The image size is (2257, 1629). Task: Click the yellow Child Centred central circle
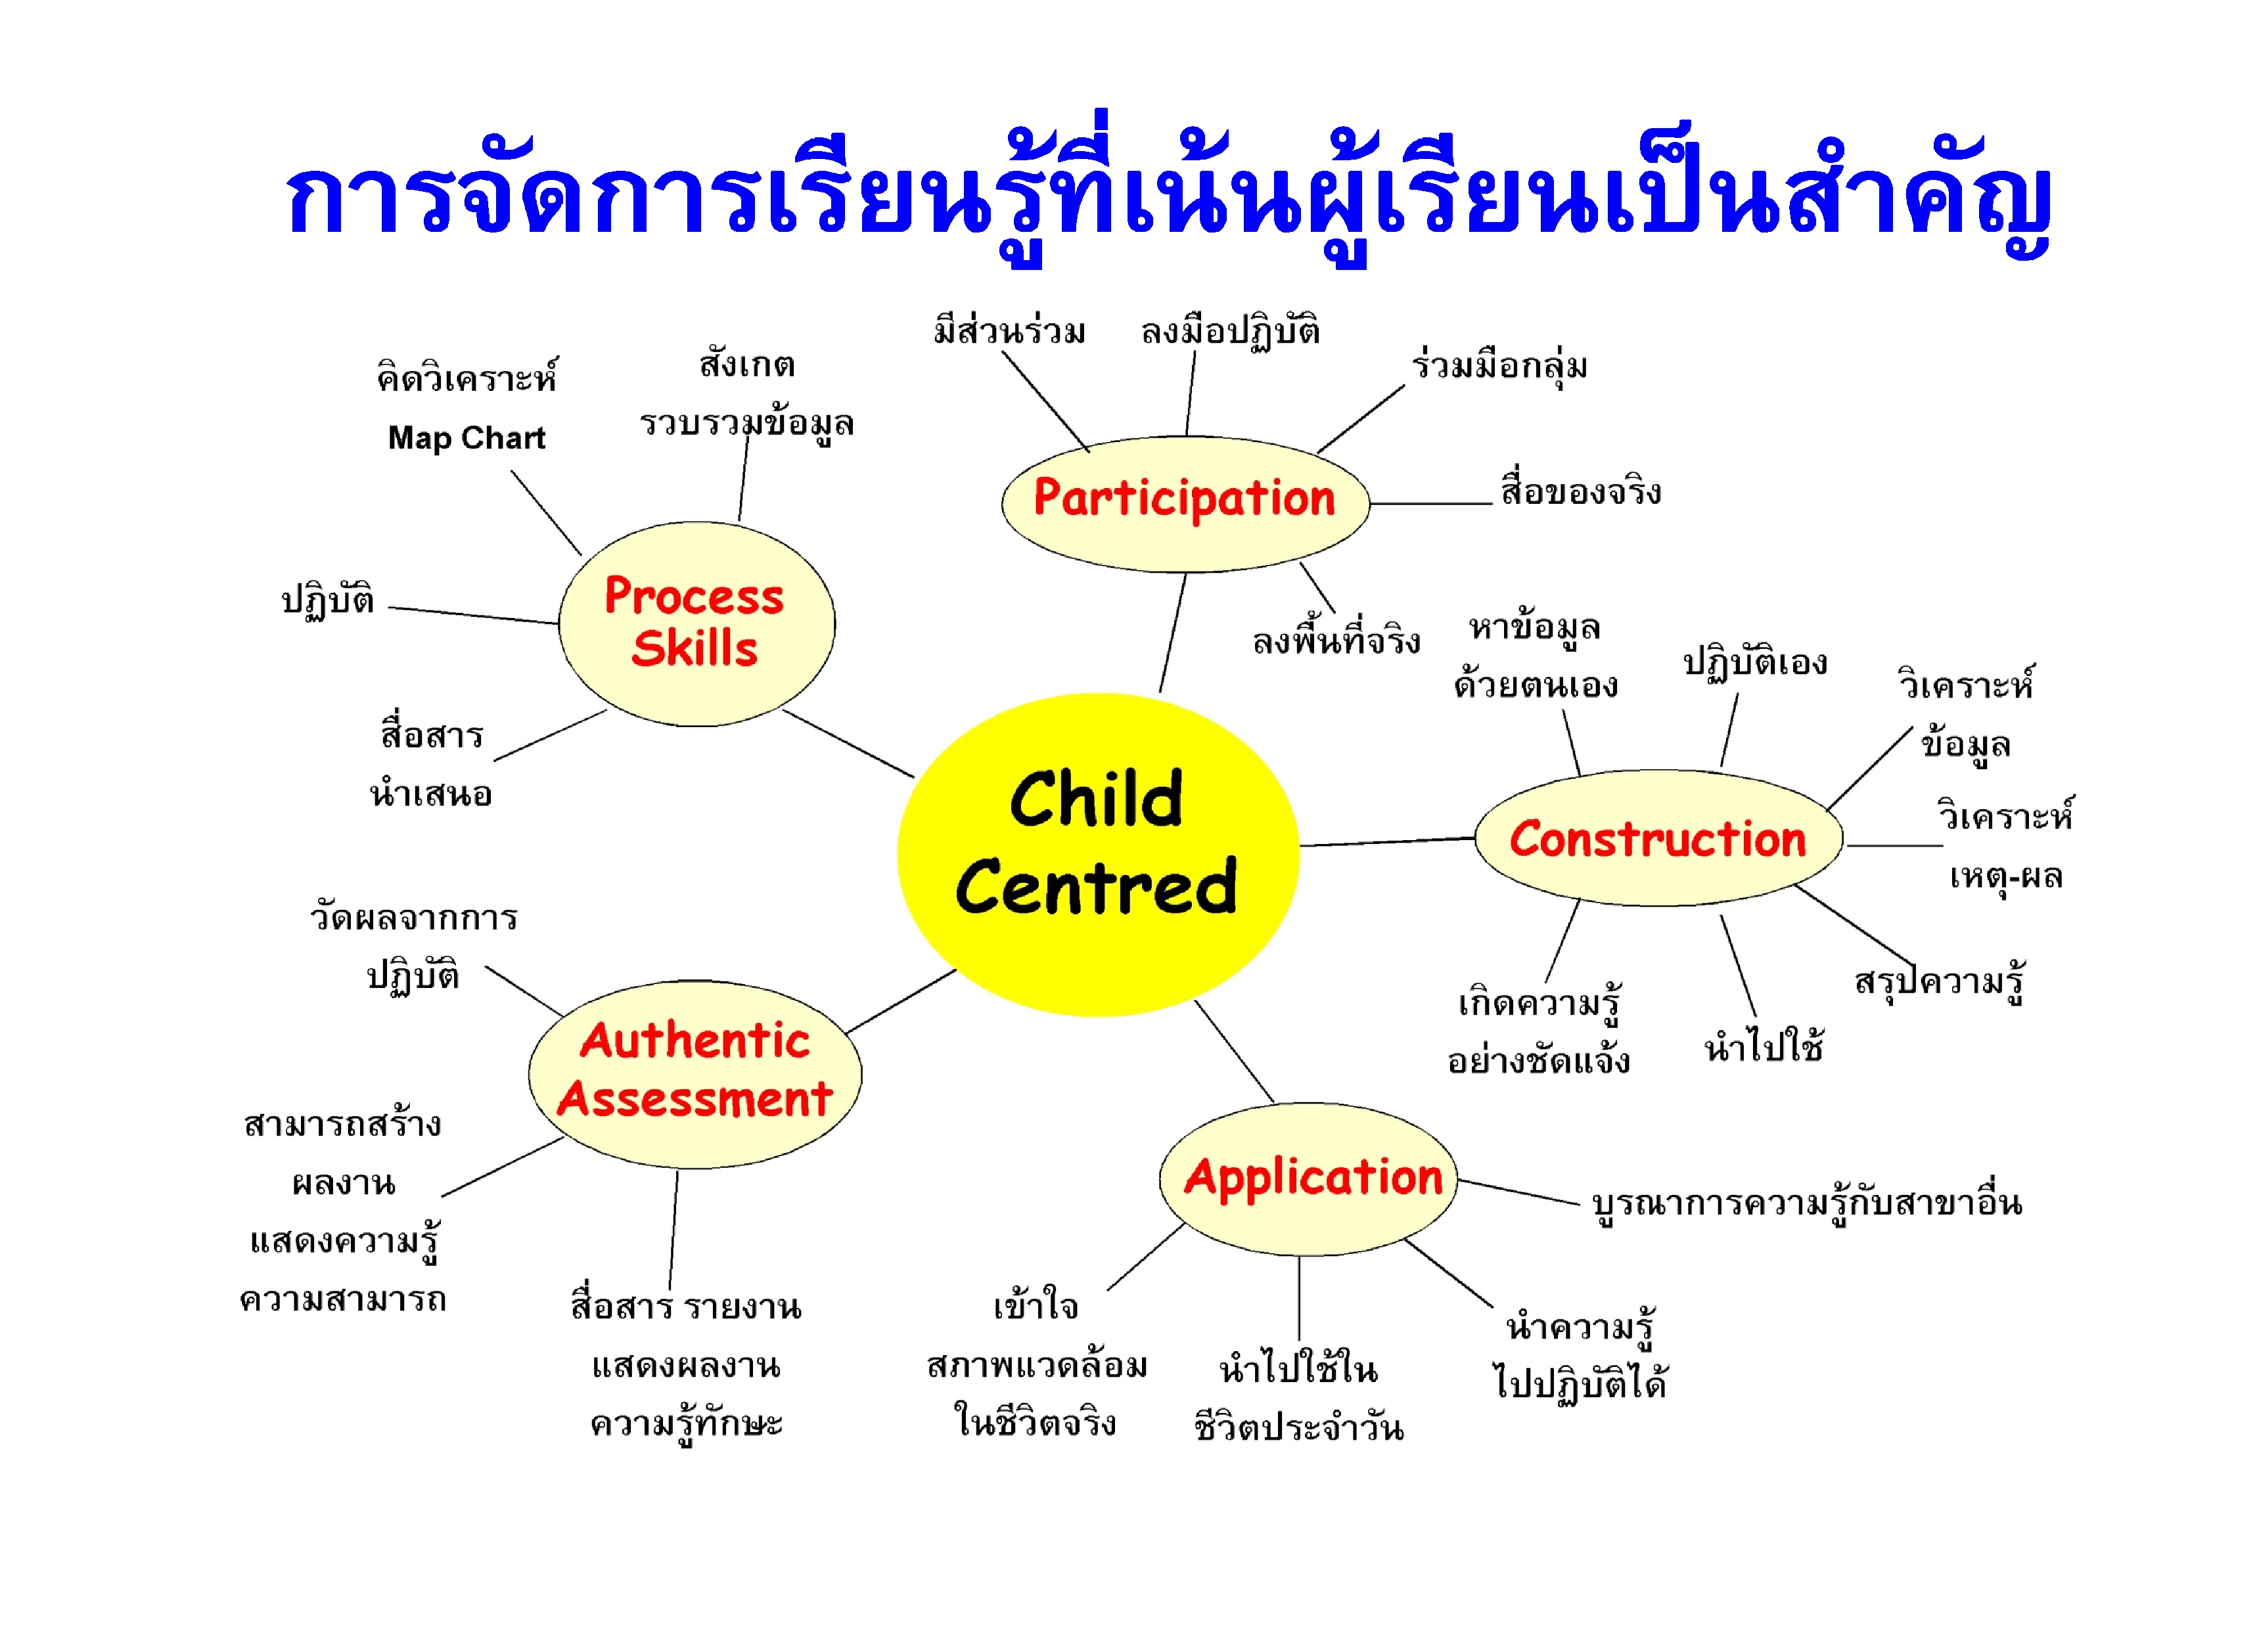[x=1098, y=854]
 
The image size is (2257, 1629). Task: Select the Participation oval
[x=1185, y=504]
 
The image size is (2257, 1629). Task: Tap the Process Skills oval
[x=696, y=624]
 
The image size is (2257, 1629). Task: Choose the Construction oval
[x=1658, y=838]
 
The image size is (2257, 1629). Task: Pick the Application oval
[x=1309, y=1178]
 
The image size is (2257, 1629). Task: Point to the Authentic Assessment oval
[x=695, y=1074]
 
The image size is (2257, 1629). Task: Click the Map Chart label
[x=467, y=438]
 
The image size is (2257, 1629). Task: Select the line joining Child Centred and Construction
[x=1387, y=842]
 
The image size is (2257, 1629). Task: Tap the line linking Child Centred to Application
[x=1234, y=1052]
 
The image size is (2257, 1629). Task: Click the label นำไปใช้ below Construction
[x=1764, y=1045]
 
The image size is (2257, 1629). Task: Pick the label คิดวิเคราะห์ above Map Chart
[x=467, y=377]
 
